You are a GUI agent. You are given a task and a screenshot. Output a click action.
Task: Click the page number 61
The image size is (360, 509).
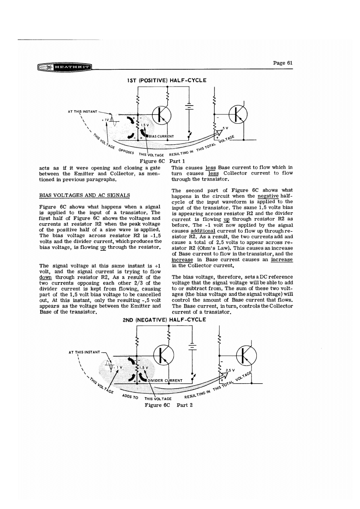[283, 63]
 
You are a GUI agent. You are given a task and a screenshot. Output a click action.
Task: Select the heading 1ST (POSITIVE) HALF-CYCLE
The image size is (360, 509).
[166, 80]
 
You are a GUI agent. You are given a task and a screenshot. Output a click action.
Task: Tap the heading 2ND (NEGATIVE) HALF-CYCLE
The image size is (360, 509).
[164, 320]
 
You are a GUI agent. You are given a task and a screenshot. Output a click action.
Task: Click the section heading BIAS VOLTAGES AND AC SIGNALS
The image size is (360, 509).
[84, 195]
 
